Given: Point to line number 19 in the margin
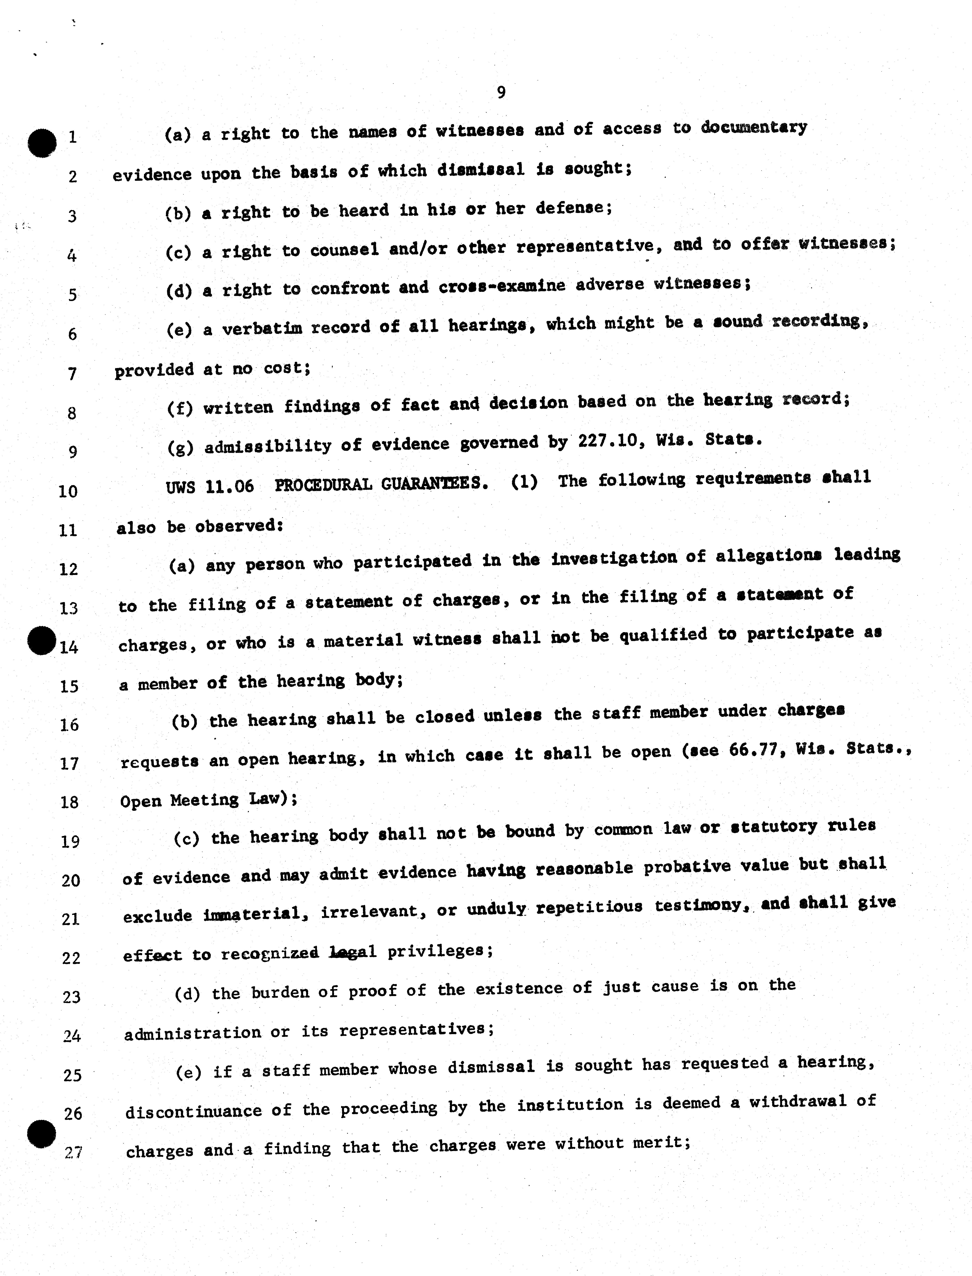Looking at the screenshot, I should click(x=70, y=841).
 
